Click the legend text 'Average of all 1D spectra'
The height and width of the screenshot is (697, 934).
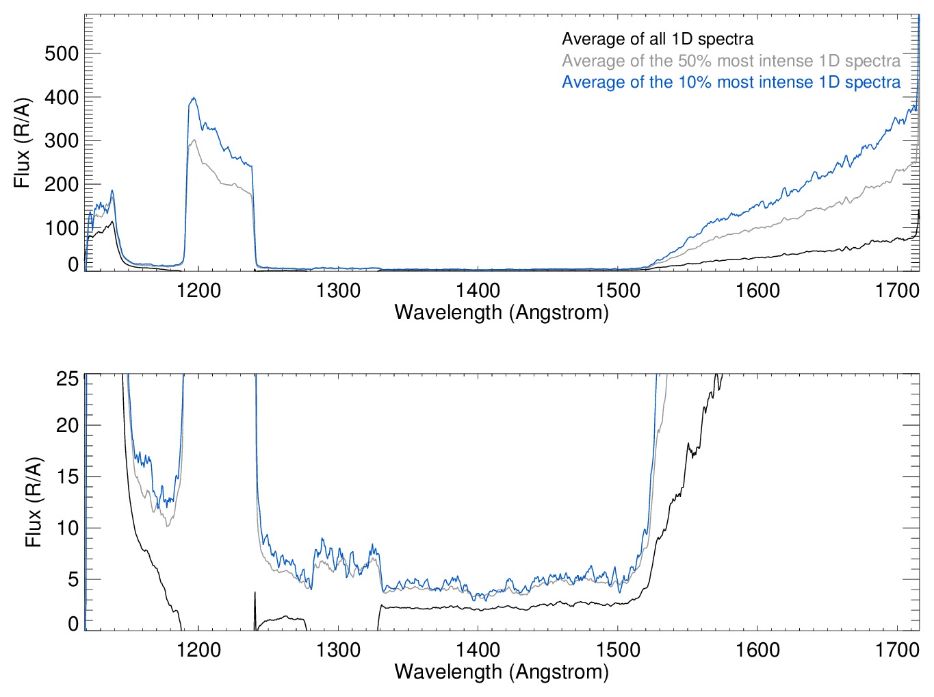(658, 39)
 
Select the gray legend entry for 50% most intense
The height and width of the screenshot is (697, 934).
(731, 61)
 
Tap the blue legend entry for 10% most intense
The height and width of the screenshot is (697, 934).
(731, 82)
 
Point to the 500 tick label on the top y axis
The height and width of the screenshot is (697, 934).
(62, 53)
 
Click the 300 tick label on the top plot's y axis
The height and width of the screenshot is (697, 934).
(62, 140)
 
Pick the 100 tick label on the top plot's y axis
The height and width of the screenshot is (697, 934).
(62, 227)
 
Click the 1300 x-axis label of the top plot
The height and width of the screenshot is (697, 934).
(338, 290)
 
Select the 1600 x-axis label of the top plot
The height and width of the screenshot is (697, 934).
(757, 290)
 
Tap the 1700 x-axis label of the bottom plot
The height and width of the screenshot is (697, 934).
(897, 649)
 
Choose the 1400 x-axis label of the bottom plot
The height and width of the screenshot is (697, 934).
(478, 649)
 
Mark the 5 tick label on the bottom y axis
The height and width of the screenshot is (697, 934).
(73, 579)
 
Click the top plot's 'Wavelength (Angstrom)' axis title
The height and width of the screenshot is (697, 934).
(502, 312)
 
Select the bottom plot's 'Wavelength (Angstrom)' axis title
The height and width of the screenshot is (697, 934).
(502, 671)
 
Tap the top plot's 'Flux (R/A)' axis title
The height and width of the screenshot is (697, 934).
(22, 143)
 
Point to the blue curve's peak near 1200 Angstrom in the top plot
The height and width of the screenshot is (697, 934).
(194, 98)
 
